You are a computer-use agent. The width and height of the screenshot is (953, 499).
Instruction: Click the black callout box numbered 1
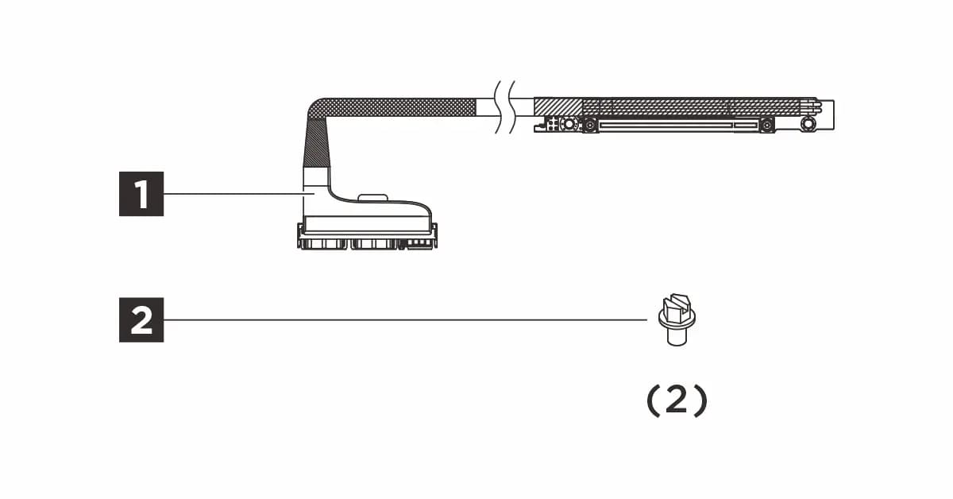tap(141, 194)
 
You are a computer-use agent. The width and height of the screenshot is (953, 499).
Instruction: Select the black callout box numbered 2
tap(141, 319)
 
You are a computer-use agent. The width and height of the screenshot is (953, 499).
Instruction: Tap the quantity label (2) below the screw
tap(677, 401)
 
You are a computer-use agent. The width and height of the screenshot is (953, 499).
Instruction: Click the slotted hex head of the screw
tap(676, 307)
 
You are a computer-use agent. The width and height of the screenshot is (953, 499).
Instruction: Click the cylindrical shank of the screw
tap(677, 337)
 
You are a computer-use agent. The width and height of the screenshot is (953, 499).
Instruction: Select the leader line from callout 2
tap(406, 319)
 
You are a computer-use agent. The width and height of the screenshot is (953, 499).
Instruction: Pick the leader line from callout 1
tap(239, 194)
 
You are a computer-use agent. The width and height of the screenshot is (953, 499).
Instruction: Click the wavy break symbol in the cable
tap(505, 106)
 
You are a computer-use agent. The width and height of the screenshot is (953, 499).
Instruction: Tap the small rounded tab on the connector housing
tap(372, 197)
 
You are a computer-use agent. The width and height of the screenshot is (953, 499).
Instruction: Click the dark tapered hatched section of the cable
tap(316, 143)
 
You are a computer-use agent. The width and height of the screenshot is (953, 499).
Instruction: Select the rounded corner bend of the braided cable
tap(317, 109)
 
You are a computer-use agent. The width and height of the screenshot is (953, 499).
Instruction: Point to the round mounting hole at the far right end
tap(807, 124)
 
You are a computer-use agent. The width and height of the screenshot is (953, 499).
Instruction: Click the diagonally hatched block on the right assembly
tap(558, 106)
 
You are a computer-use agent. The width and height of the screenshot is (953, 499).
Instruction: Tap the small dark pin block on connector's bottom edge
tap(416, 243)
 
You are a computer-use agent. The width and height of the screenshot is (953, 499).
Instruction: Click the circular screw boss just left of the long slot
tap(589, 126)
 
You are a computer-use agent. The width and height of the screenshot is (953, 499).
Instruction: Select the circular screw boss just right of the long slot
tap(766, 126)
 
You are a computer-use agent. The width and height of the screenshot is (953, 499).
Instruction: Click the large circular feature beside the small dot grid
tap(569, 124)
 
